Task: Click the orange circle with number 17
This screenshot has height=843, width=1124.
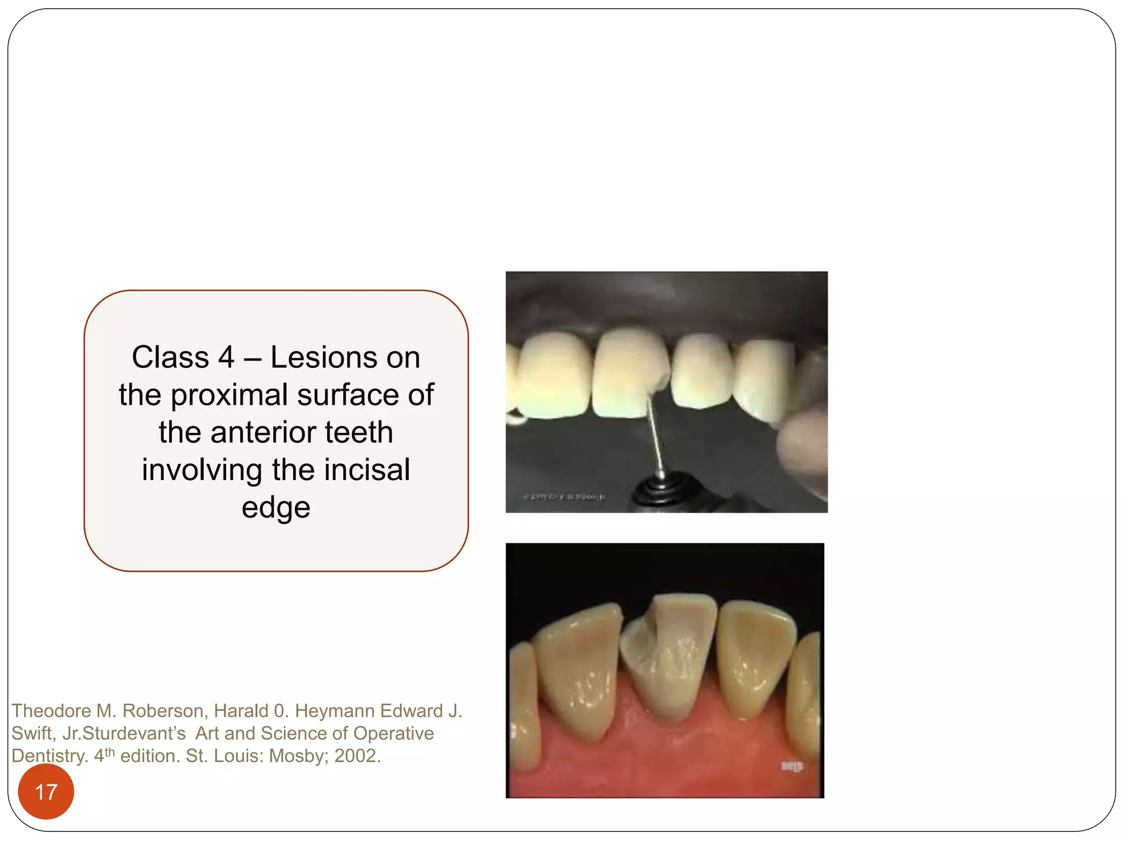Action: click(46, 791)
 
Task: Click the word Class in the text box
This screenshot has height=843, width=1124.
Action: click(170, 357)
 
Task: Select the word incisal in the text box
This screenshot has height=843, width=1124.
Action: click(367, 470)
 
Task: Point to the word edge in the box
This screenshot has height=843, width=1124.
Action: click(276, 507)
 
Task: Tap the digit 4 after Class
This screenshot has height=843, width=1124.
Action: click(226, 357)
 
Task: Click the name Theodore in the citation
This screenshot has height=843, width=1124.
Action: click(51, 711)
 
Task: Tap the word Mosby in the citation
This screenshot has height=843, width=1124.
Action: click(299, 756)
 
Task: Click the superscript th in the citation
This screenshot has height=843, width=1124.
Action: click(110, 752)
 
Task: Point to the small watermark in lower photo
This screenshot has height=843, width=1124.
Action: click(792, 766)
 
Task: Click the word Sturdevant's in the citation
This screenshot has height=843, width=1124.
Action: click(134, 734)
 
